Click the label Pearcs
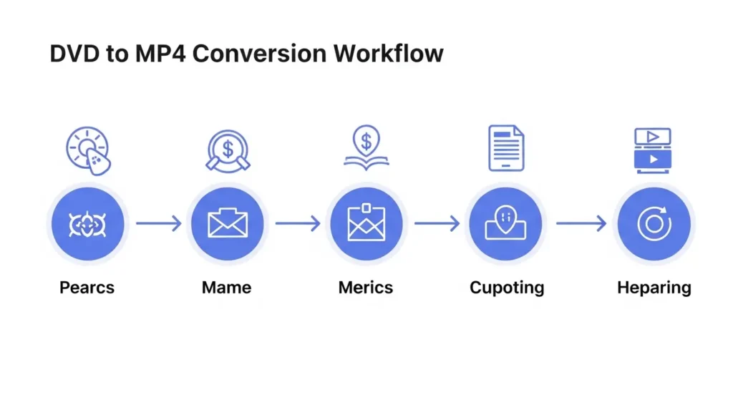(x=87, y=288)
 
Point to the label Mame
(x=226, y=288)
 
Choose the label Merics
(x=366, y=288)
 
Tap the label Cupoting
(x=507, y=288)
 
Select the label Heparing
(x=654, y=288)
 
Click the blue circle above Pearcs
(x=87, y=225)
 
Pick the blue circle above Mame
(x=226, y=225)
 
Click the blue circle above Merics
(x=366, y=225)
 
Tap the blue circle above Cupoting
(x=506, y=225)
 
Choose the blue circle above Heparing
(x=653, y=225)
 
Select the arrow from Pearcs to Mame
(x=158, y=225)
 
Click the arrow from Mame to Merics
(x=297, y=225)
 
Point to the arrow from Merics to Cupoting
(x=437, y=225)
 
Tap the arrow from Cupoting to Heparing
(x=581, y=225)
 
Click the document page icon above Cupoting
(x=506, y=148)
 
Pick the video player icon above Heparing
(x=653, y=150)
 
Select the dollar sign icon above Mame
(x=228, y=149)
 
